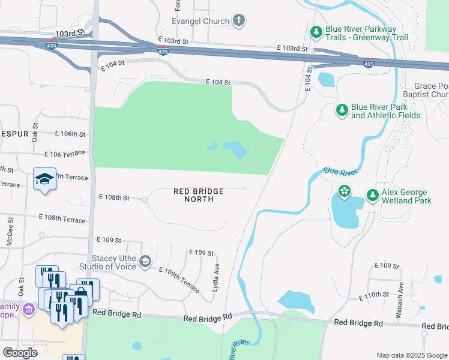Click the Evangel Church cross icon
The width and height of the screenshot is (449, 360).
[x=239, y=21]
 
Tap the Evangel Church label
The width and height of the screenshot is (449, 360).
[x=200, y=21]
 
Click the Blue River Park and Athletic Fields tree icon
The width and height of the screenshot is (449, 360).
[x=342, y=110]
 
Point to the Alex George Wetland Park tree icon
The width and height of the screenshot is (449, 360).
[x=372, y=195]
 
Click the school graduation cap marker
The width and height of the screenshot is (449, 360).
[x=45, y=178]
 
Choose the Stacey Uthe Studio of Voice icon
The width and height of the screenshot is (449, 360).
[x=145, y=261]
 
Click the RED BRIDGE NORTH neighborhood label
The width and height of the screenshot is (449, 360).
[x=199, y=195]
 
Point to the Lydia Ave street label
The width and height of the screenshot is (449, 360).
[x=215, y=278]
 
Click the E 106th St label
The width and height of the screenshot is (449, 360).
[x=70, y=133]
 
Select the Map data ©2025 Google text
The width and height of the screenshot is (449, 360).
[x=411, y=355]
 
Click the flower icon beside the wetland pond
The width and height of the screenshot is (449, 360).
[x=345, y=191]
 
